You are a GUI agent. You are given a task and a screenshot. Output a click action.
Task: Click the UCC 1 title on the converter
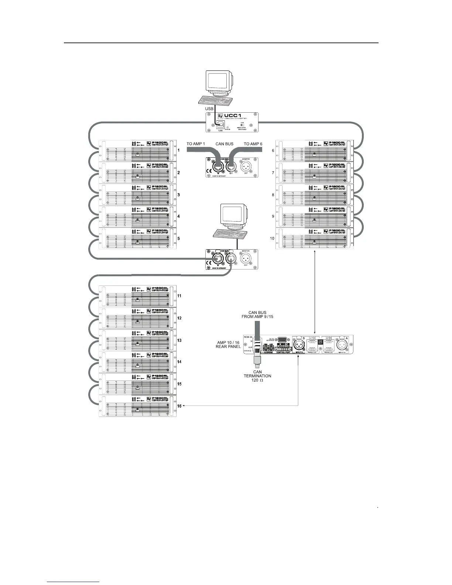(x=235, y=116)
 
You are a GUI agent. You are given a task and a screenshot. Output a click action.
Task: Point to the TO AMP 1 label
(x=196, y=144)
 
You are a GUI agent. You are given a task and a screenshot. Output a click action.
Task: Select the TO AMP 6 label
(x=253, y=144)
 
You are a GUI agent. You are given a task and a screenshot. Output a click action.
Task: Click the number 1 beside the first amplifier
(x=178, y=150)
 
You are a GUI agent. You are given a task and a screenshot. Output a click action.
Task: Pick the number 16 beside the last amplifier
(x=179, y=406)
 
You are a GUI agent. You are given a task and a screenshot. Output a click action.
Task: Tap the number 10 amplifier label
(x=272, y=238)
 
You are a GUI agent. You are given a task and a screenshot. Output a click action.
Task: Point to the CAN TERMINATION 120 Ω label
(x=257, y=376)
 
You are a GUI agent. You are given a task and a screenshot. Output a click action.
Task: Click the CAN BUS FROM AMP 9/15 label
(x=257, y=314)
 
